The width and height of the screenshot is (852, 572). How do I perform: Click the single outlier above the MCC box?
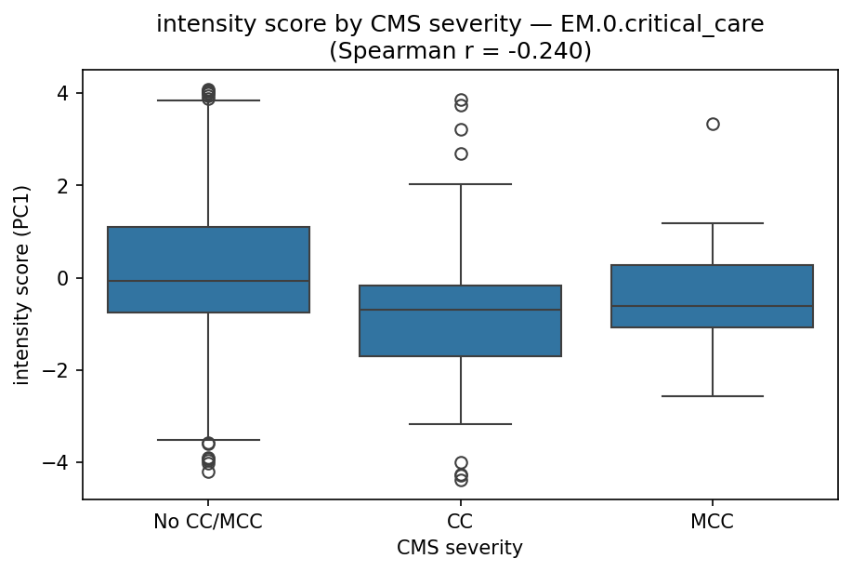click(x=713, y=124)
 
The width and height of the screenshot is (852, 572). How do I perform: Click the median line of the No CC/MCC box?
click(x=208, y=281)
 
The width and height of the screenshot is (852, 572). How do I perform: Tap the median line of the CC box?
click(x=460, y=310)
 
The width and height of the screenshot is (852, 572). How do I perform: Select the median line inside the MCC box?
click(x=713, y=306)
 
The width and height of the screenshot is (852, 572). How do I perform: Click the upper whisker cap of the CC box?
click(x=460, y=184)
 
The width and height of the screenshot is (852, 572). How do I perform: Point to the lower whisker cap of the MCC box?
click(x=713, y=396)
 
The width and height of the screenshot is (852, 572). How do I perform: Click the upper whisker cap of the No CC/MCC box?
click(x=208, y=100)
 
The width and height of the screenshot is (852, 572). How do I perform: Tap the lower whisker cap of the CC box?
click(x=460, y=424)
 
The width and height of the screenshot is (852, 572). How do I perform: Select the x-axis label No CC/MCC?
click(x=208, y=522)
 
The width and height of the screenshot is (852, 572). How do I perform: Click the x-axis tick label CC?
click(x=460, y=522)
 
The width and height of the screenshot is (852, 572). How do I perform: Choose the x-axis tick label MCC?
click(x=713, y=522)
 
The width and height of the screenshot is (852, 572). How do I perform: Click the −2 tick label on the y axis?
click(x=58, y=370)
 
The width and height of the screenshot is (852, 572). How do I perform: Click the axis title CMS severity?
click(x=460, y=549)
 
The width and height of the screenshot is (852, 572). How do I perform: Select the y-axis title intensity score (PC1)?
click(x=21, y=284)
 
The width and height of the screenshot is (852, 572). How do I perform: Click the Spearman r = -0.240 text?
click(x=460, y=51)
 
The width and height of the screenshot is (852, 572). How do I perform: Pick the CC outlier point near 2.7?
click(x=461, y=153)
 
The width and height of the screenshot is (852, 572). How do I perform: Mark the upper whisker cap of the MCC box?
click(x=713, y=223)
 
